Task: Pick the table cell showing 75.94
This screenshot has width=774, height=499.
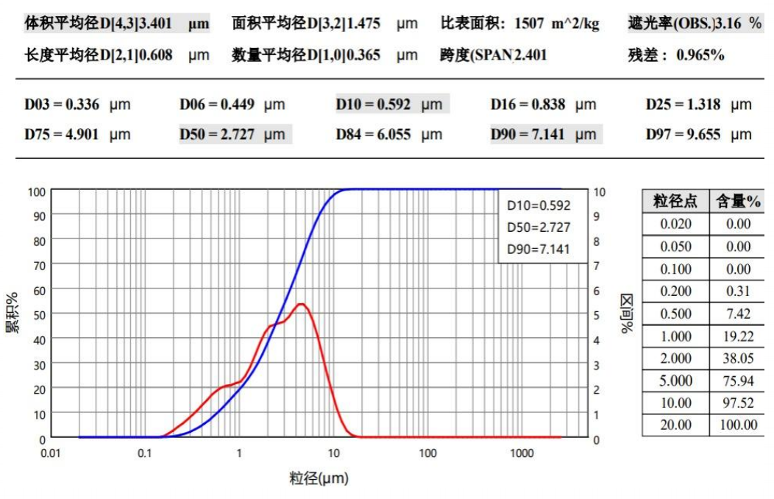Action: pyautogui.click(x=738, y=381)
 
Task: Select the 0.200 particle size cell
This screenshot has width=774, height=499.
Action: pyautogui.click(x=675, y=291)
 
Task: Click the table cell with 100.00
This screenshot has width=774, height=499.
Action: pyautogui.click(x=738, y=425)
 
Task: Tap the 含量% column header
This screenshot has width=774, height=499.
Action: pyautogui.click(x=738, y=202)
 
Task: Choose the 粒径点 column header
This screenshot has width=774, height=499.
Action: pyautogui.click(x=675, y=202)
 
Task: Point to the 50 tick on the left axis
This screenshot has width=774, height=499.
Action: pyautogui.click(x=37, y=315)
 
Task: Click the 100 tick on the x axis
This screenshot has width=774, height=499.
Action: pyautogui.click(x=427, y=453)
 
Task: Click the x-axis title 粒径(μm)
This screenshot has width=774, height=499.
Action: pyautogui.click(x=318, y=479)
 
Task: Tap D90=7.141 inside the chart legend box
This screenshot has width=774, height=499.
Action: pyautogui.click(x=538, y=249)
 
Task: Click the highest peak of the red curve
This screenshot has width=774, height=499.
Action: pyautogui.click(x=301, y=304)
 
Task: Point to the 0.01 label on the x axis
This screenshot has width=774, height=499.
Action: pyautogui.click(x=50, y=453)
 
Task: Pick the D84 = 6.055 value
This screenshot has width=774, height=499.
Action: pyautogui.click(x=388, y=135)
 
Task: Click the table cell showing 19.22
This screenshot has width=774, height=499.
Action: pyautogui.click(x=738, y=336)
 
